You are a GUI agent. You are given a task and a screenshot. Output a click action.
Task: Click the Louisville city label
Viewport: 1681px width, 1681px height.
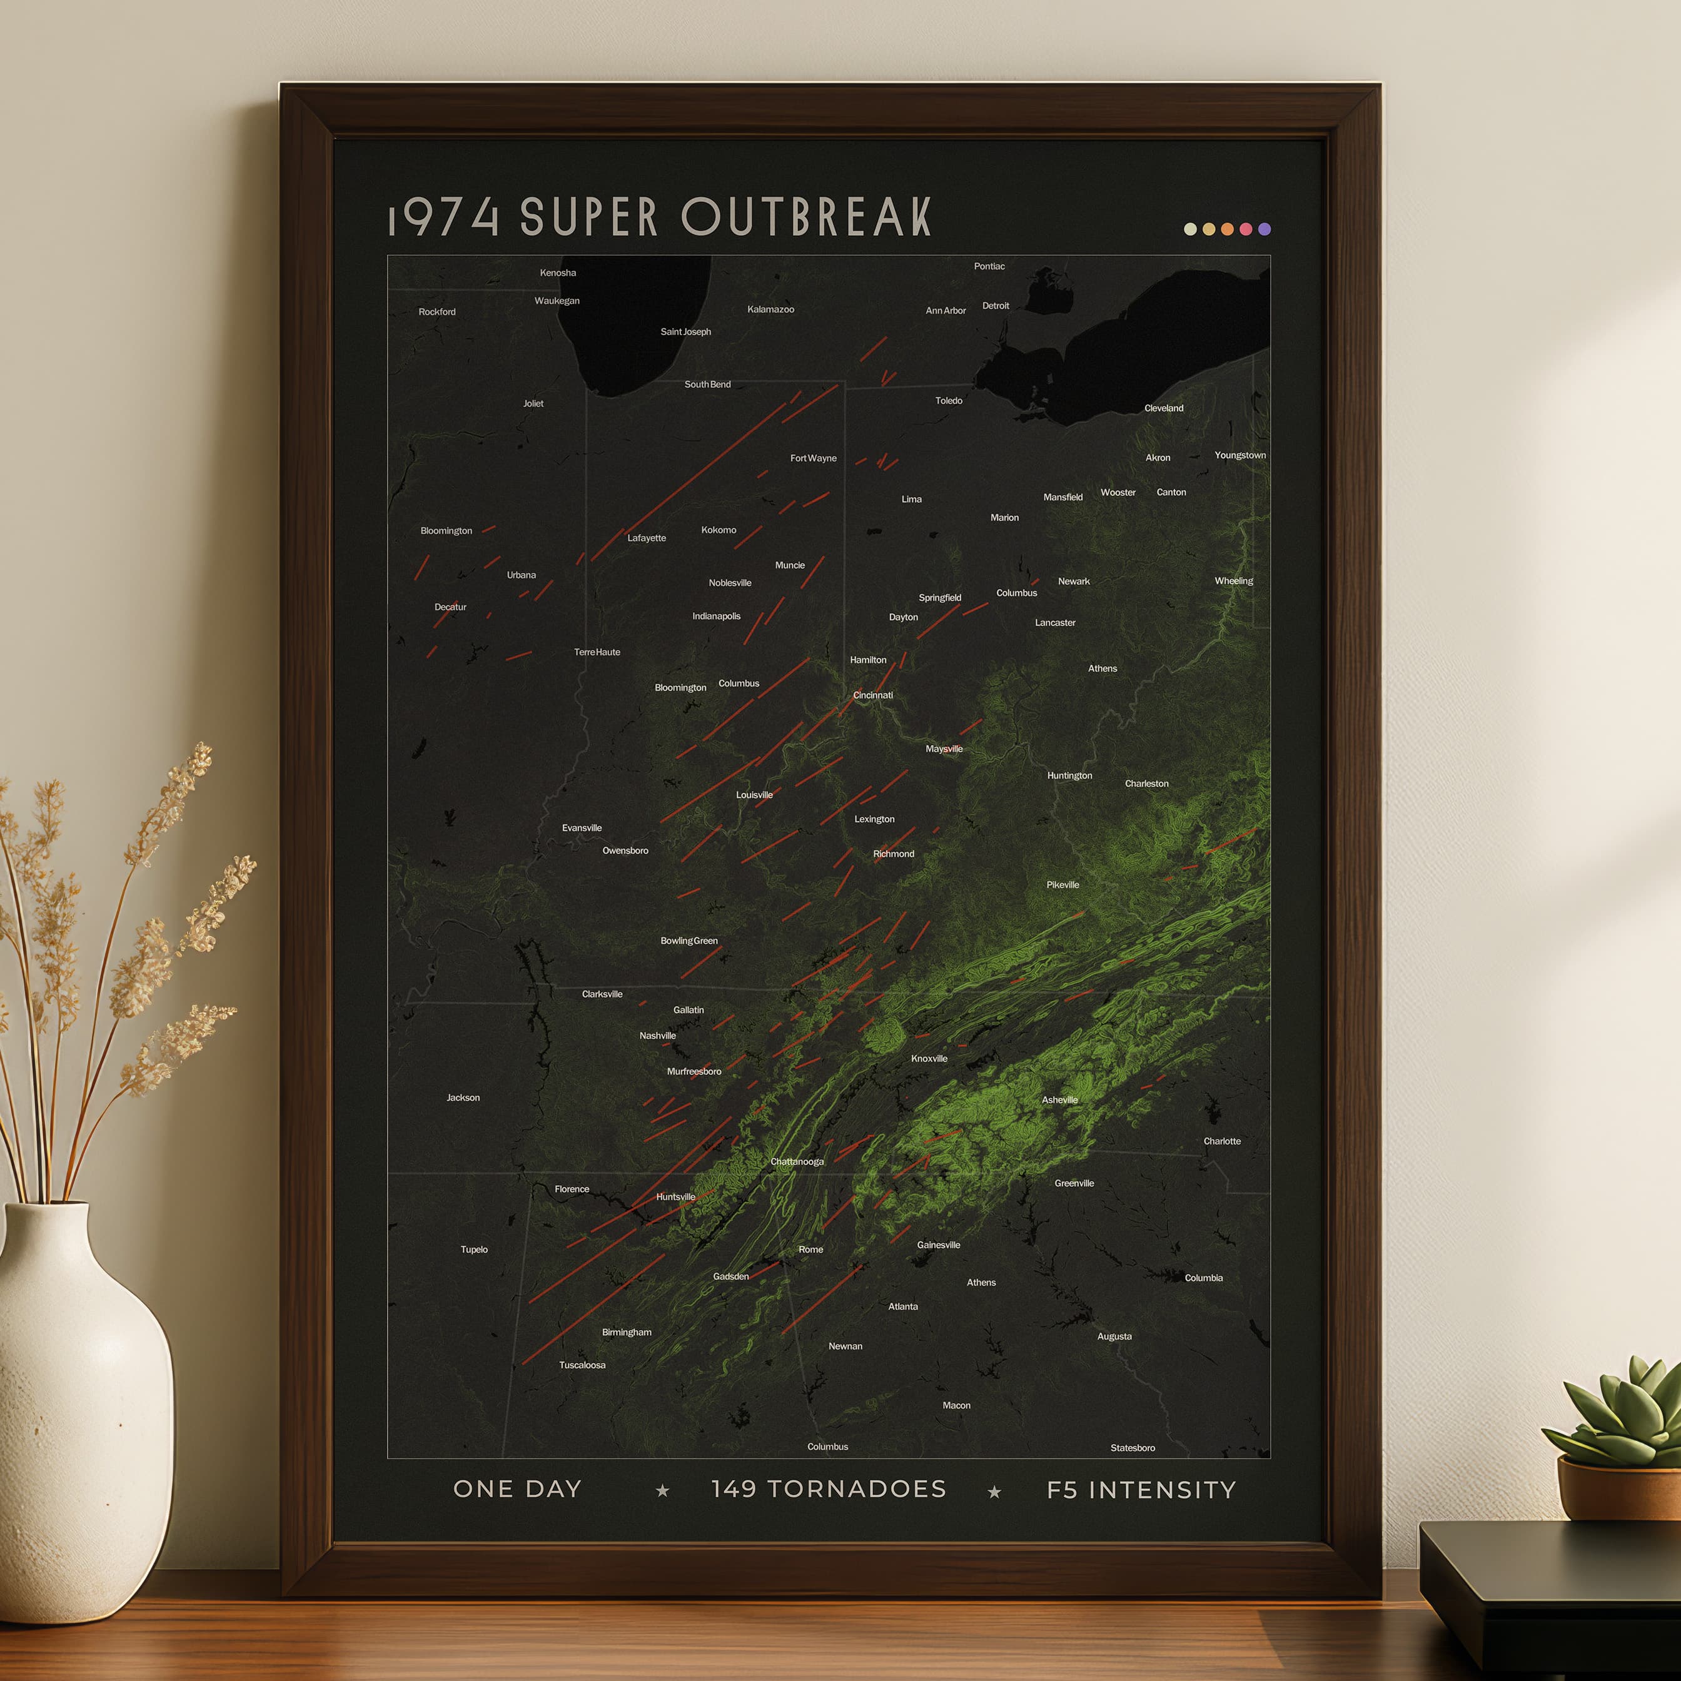(x=754, y=794)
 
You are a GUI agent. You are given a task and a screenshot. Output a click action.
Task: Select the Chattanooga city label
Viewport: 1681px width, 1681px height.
(x=796, y=1161)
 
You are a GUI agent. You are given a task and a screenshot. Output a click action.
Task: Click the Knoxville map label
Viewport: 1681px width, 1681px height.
(x=929, y=1058)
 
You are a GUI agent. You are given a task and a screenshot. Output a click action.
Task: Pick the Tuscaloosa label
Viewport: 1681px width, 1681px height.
(x=582, y=1365)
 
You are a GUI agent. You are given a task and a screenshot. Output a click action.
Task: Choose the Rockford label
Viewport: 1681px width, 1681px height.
(x=437, y=311)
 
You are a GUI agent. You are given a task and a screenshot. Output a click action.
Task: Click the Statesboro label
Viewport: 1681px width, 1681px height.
(x=1132, y=1448)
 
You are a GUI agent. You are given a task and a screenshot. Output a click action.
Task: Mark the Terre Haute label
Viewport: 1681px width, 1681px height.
(x=597, y=652)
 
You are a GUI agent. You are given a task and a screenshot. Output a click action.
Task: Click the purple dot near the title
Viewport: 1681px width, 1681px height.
(x=1265, y=229)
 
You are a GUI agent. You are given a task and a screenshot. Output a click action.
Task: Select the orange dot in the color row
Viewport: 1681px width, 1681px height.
(x=1227, y=229)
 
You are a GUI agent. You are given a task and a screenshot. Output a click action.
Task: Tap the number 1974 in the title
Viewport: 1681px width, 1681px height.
(x=444, y=218)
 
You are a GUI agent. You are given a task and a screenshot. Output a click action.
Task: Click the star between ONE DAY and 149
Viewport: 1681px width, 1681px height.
(x=662, y=1490)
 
